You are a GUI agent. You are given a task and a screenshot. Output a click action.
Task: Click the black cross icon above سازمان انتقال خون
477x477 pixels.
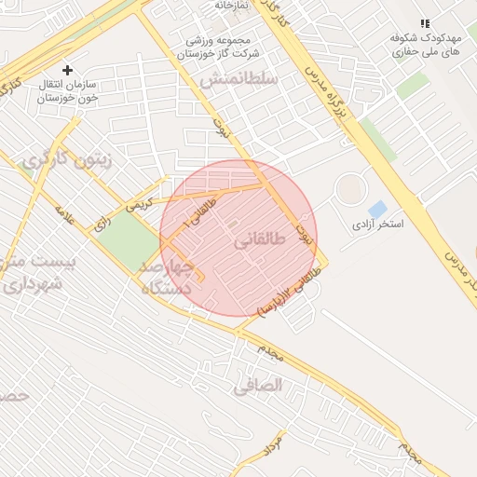point(67,70)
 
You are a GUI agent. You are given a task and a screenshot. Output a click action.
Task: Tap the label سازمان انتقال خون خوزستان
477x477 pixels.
point(71,90)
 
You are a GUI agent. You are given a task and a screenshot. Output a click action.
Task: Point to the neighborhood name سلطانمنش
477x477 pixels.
point(238,80)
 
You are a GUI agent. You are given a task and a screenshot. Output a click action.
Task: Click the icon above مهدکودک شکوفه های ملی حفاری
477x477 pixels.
point(425,23)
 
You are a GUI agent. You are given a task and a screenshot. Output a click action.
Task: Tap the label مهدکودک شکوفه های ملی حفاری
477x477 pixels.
point(428,47)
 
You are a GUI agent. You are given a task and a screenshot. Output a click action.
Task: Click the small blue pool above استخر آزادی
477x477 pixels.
point(377,210)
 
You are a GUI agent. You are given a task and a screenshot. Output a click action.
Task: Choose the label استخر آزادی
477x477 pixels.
point(377,225)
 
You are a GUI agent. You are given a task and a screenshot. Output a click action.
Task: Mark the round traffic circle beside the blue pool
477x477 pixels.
point(351,190)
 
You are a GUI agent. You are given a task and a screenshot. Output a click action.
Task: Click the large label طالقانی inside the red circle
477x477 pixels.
point(254,241)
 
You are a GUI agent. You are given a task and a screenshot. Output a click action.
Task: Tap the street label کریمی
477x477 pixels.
point(137,203)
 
